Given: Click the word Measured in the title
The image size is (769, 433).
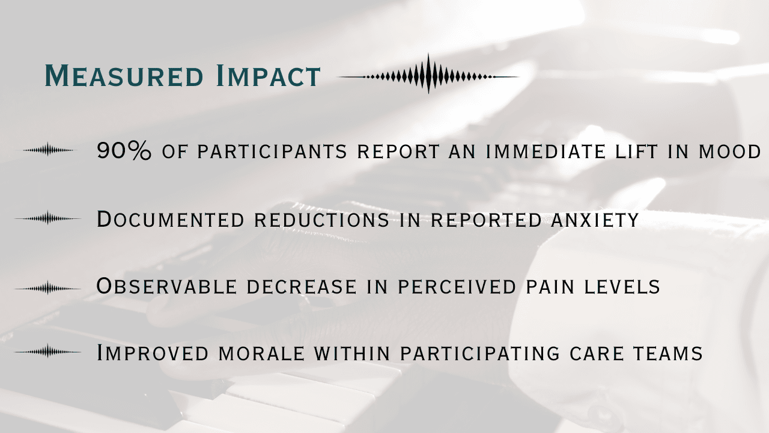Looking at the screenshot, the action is (124, 75).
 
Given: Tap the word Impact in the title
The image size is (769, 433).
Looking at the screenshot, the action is (269, 75).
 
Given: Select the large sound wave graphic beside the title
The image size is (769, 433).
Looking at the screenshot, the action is (428, 74).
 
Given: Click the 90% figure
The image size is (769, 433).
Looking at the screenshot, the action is (124, 150).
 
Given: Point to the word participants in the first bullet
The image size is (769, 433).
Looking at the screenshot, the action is (272, 152).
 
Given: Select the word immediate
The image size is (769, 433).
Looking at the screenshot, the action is (546, 152).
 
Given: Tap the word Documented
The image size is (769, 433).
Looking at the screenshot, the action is (171, 220).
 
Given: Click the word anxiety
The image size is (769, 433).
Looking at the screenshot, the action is (595, 220).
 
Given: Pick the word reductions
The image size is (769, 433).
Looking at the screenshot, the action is (321, 220).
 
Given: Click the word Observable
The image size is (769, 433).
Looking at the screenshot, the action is (166, 286).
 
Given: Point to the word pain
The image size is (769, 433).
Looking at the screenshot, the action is (550, 287).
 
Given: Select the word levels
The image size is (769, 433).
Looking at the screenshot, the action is (622, 287).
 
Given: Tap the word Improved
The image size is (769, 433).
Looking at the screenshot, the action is (153, 353).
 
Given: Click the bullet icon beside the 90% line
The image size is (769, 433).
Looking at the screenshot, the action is (48, 150).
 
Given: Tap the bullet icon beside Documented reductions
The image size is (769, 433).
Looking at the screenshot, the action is (47, 218).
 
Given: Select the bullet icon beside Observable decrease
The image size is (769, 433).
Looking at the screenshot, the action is (47, 289).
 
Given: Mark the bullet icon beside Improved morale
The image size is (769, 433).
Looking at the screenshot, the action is (47, 352).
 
